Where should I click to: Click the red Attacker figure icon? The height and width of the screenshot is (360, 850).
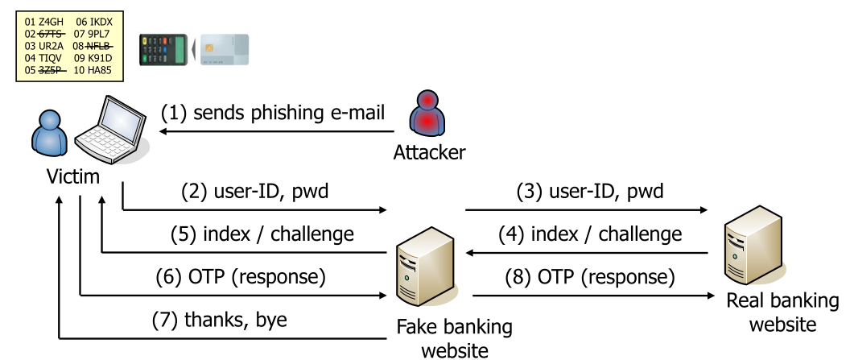tap(427, 116)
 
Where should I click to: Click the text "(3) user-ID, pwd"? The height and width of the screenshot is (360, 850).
tap(590, 192)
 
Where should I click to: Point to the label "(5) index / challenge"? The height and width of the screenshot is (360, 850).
tap(262, 234)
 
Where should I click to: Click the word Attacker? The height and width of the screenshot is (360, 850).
tap(429, 152)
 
